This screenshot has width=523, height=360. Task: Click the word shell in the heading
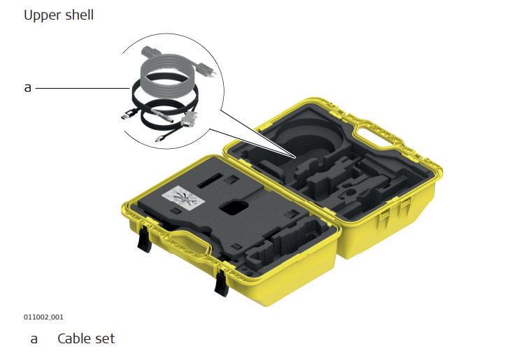tap(80, 15)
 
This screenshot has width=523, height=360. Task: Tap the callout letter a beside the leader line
tap(28, 87)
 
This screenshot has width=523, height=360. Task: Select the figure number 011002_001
tap(43, 317)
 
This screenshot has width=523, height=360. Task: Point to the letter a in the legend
tap(34, 339)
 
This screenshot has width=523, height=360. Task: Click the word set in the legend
tap(106, 338)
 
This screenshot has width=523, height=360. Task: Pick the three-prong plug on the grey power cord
tap(204, 69)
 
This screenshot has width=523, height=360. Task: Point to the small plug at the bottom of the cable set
tap(160, 138)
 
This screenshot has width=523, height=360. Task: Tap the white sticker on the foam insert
tap(182, 197)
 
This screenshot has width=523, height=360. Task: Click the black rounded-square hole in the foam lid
tap(234, 208)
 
